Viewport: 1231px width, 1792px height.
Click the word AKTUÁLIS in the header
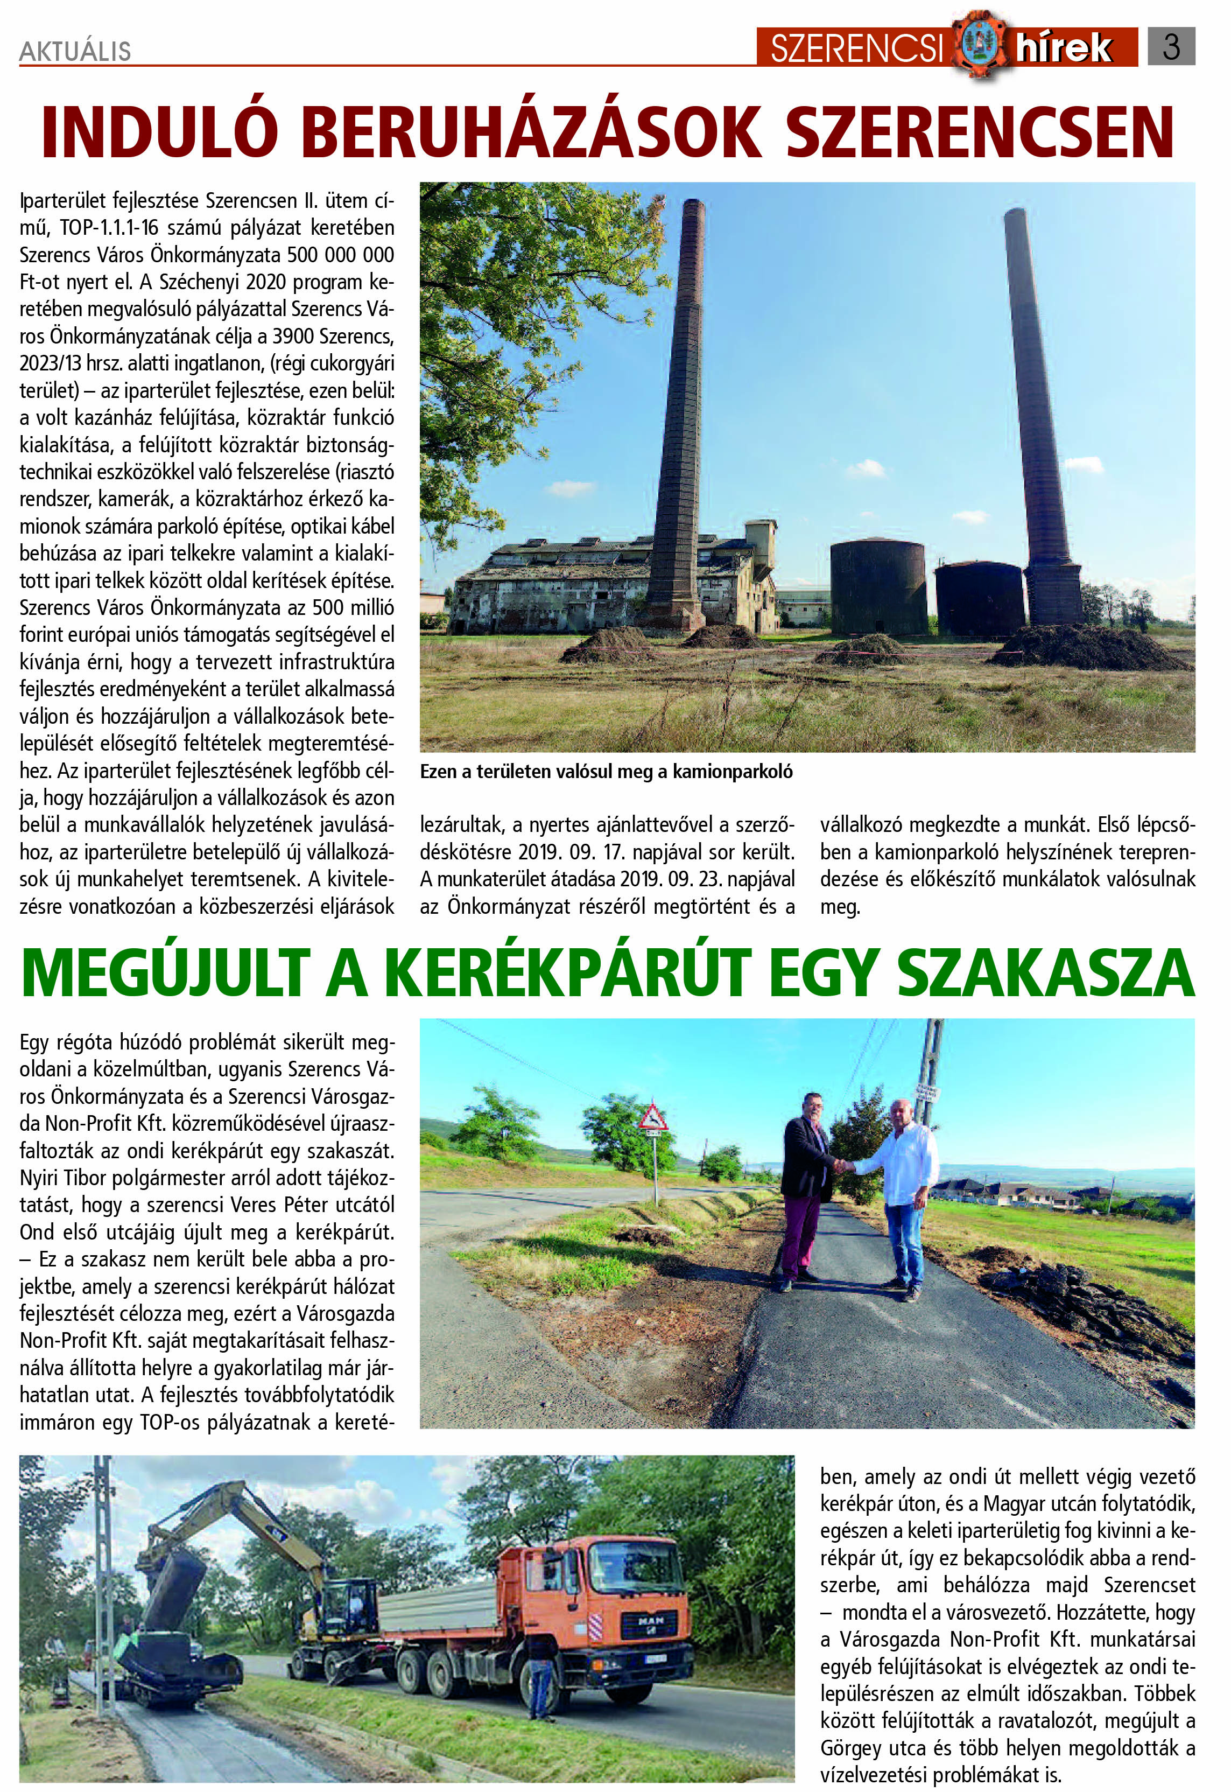75,52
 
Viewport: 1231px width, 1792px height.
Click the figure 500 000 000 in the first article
340,255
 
